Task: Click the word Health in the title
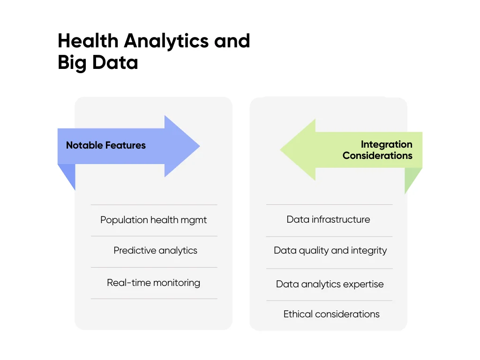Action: click(x=88, y=41)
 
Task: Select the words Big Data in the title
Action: click(x=98, y=62)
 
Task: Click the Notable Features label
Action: click(x=106, y=145)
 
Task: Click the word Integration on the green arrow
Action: click(x=386, y=144)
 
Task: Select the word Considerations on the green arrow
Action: click(x=377, y=156)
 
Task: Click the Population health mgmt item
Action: click(x=153, y=220)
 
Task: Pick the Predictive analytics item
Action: click(x=155, y=250)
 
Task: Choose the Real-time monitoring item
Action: click(x=153, y=283)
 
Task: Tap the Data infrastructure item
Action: click(x=328, y=219)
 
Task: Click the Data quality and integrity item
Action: click(x=330, y=250)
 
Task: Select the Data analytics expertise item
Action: click(x=330, y=284)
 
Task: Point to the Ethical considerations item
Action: click(x=331, y=314)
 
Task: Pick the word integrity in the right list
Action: click(x=369, y=251)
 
